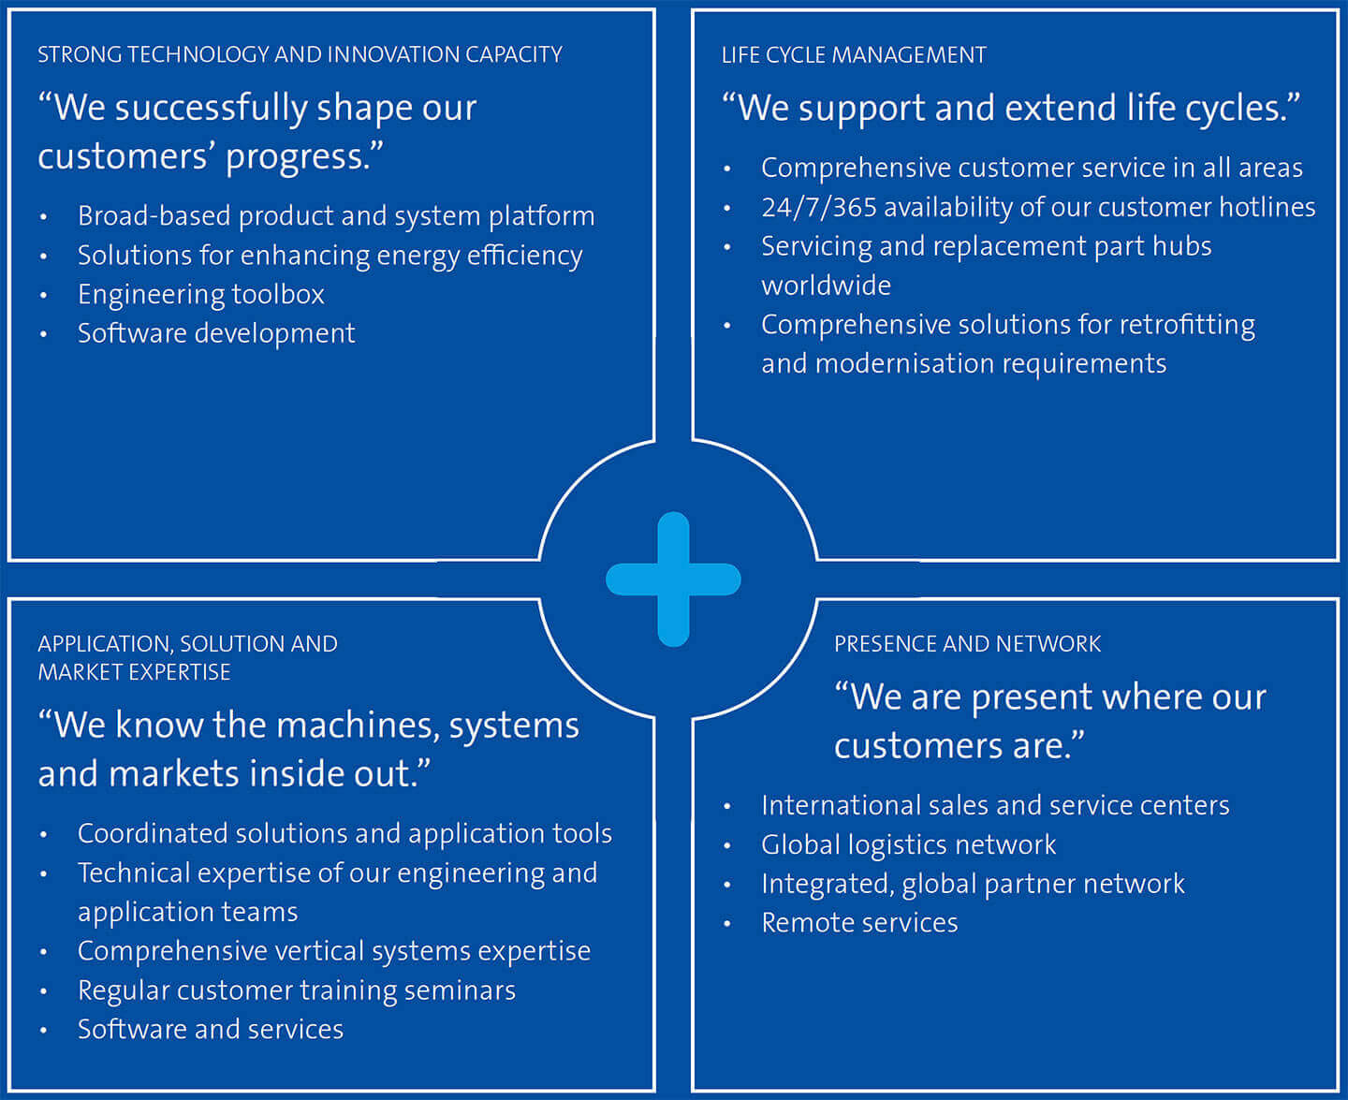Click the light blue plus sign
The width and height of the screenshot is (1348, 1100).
coord(673,579)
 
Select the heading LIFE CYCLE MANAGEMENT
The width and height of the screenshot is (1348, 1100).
coord(854,55)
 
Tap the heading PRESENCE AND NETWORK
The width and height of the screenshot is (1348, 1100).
coord(967,644)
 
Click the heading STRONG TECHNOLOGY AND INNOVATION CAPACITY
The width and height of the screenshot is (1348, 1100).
coord(300,55)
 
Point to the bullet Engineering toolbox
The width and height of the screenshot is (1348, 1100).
coord(200,295)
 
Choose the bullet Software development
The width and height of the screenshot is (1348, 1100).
coord(216,334)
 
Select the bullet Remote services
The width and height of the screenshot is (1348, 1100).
coord(859,923)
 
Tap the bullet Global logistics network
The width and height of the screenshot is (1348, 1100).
coord(908,845)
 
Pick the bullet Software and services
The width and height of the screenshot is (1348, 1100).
coord(211,1030)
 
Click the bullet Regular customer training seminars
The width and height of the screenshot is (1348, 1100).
coord(297,990)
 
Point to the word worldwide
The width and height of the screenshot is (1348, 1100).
coord(826,286)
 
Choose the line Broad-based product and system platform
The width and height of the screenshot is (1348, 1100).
coord(336,216)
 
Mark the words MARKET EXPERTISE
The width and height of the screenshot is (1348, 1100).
coord(134,672)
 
